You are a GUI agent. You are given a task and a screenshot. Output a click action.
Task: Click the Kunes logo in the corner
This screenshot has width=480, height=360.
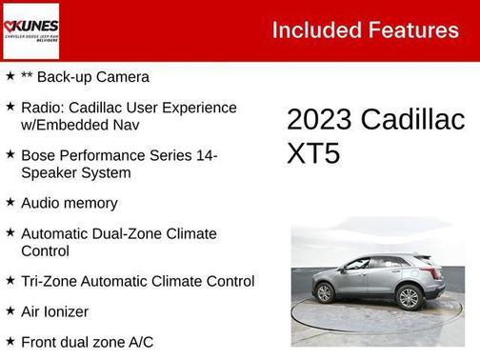tap(31, 30)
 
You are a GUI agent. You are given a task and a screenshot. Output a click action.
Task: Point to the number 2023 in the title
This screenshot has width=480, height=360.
tap(320, 120)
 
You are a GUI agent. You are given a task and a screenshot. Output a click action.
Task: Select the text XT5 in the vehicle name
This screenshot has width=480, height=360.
tap(313, 153)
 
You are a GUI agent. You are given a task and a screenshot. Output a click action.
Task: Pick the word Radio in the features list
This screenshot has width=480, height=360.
tap(40, 108)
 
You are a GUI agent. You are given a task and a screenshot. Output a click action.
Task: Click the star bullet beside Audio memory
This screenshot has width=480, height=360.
tap(10, 202)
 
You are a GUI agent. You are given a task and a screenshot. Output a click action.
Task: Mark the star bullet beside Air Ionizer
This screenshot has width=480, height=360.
tap(10, 310)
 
